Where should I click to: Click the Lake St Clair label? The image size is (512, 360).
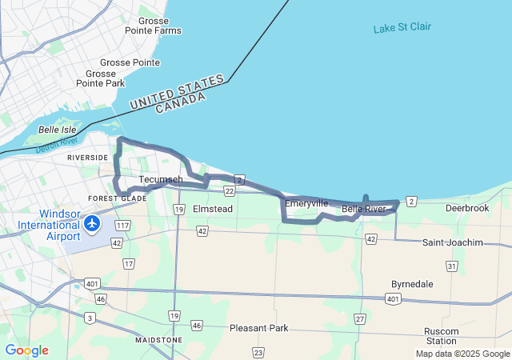402,27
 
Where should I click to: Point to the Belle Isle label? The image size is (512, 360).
57,129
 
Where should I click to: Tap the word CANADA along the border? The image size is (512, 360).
180,103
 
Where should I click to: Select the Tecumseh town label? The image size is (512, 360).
160,179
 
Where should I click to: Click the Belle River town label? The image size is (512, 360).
364,210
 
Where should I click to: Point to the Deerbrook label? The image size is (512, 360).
467,208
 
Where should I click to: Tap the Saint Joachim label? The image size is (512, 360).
453,242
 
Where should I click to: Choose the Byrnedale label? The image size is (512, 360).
412,284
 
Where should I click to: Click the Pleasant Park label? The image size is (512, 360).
258,328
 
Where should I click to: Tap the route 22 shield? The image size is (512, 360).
230,191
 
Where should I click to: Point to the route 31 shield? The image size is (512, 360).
452,266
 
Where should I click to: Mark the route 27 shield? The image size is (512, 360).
360,318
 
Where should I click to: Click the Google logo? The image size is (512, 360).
26,350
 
